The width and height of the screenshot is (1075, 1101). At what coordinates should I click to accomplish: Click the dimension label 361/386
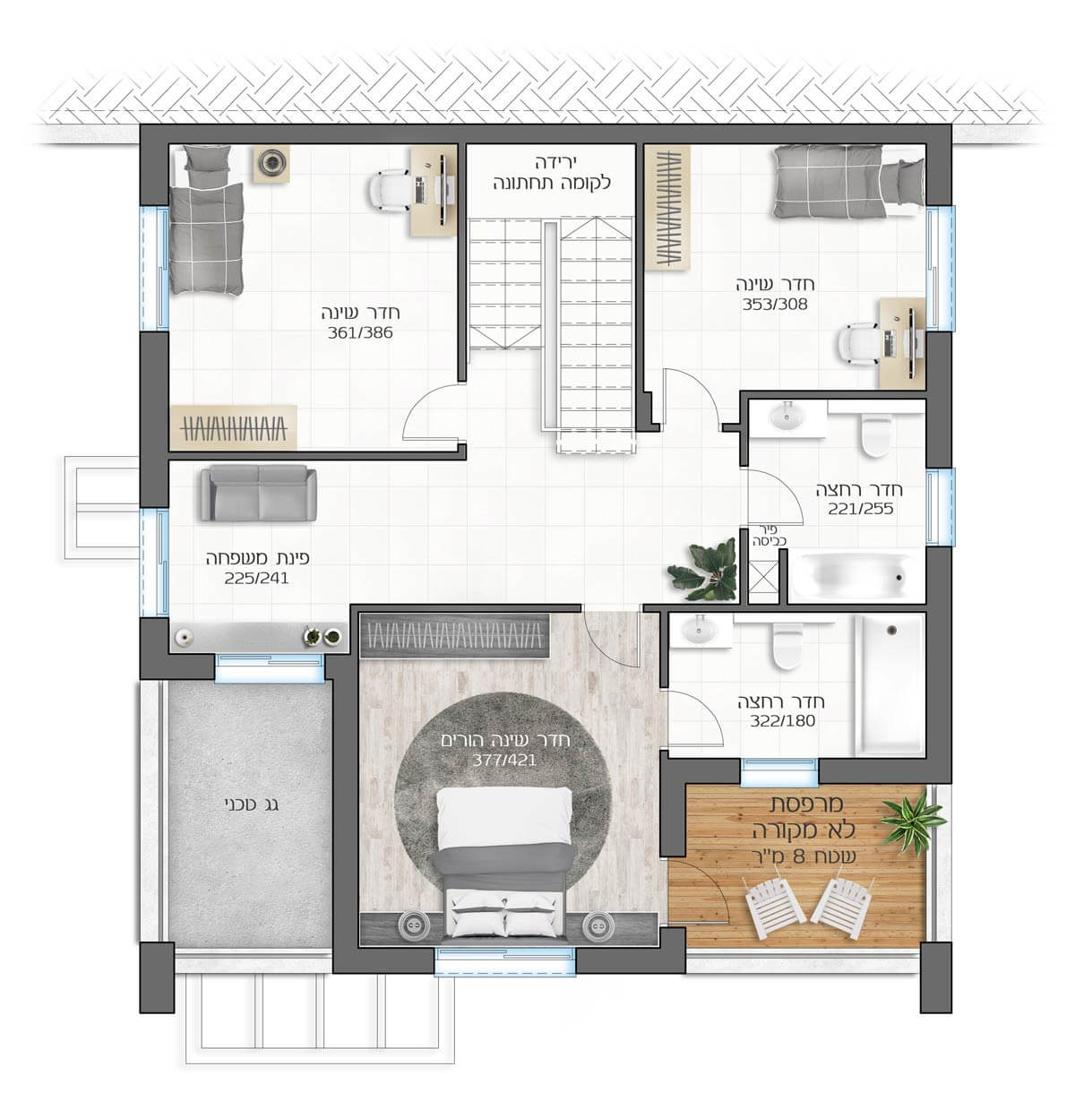point(360,332)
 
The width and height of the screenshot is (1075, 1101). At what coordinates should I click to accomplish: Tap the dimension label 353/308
point(775,305)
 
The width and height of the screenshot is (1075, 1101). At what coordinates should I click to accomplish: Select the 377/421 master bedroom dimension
point(503,761)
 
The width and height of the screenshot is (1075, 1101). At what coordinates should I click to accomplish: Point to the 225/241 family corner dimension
point(256,578)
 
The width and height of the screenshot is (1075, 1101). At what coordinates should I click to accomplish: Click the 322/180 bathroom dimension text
point(783,721)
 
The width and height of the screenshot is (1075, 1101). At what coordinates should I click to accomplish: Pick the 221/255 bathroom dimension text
point(861,509)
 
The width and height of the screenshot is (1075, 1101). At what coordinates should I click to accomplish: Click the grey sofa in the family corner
point(259,493)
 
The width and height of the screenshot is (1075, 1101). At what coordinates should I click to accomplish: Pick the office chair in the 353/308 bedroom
point(861,343)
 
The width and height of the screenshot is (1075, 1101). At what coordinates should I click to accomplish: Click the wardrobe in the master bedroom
point(455,636)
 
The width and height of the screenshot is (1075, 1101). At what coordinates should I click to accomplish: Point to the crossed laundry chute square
point(763,580)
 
